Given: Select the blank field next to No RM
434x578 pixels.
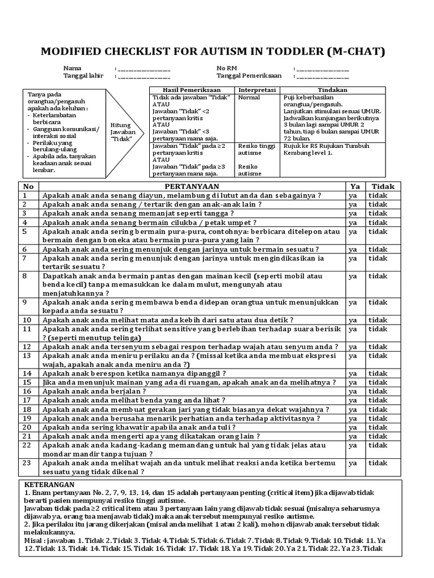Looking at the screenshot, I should (x=322, y=69).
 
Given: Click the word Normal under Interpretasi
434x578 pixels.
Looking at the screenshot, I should (x=249, y=97).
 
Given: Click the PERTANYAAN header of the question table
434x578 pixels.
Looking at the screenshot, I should (x=192, y=186).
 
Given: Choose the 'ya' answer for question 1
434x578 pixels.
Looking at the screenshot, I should (x=353, y=195).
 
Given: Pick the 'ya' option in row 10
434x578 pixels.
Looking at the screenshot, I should (x=353, y=319).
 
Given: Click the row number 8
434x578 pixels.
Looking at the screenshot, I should (x=25, y=275).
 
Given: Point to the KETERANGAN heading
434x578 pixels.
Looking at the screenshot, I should (x=50, y=485).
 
